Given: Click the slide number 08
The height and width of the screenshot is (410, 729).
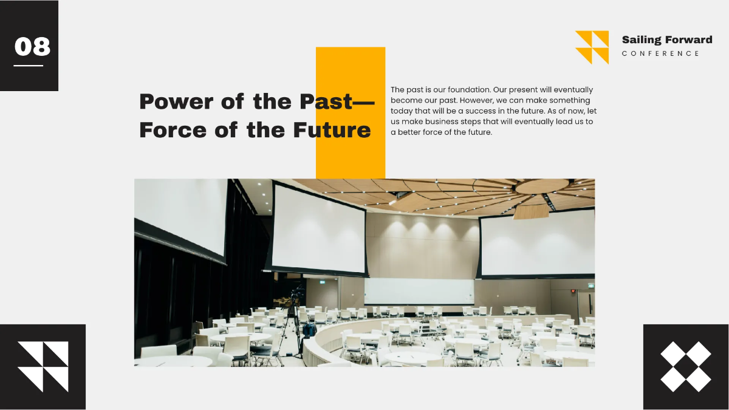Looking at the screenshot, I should click(x=32, y=46).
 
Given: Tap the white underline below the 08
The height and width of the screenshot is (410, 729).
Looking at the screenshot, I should click(x=29, y=66).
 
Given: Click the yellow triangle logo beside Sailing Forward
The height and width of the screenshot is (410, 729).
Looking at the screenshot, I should click(x=592, y=47).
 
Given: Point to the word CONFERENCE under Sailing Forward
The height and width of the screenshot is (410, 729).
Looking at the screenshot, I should click(x=660, y=54).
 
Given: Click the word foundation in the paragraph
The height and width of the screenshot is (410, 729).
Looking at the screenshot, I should click(x=464, y=90).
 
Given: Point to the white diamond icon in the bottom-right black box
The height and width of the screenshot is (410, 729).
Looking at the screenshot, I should click(x=685, y=366).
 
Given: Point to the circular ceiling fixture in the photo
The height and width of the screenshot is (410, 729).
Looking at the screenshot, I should click(x=542, y=186).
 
